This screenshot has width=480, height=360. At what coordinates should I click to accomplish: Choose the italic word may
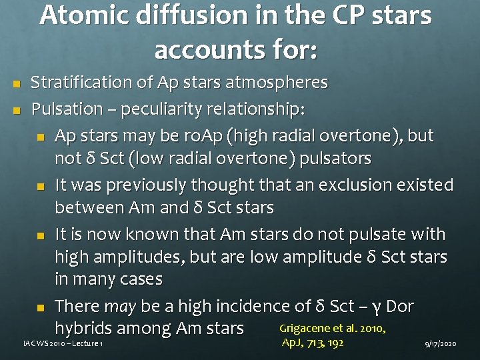point(121,307)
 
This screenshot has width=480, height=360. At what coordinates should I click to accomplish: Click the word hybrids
point(86,328)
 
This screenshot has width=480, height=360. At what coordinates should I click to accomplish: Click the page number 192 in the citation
point(335,343)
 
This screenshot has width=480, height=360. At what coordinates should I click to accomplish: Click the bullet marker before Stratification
point(17,83)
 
